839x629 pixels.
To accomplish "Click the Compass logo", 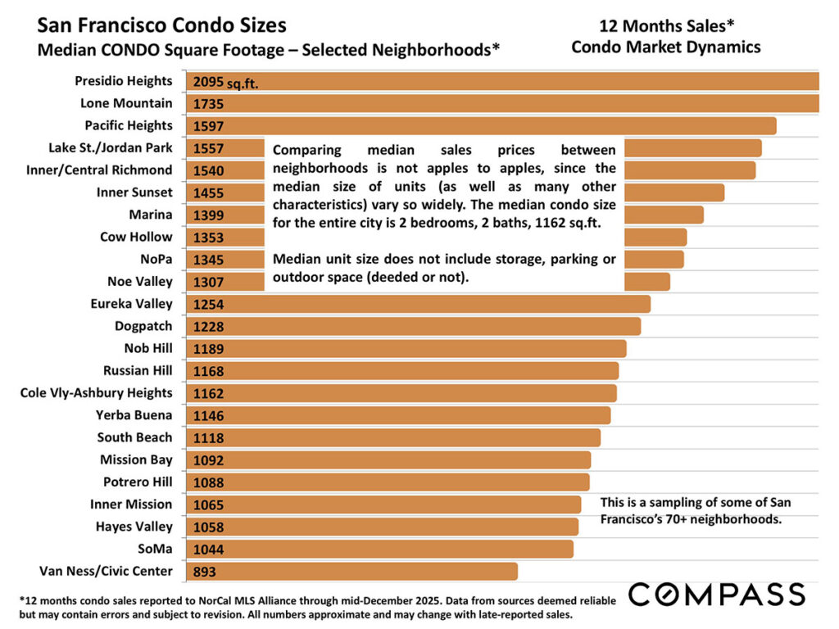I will [x=717, y=593].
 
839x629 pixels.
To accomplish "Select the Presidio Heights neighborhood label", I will [x=124, y=81].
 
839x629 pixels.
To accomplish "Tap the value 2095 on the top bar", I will [x=209, y=82].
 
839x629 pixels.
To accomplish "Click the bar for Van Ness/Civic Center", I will [x=352, y=572].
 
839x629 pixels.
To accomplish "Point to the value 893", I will [x=205, y=572].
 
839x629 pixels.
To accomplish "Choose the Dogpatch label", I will [x=143, y=326].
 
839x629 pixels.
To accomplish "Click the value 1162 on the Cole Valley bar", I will [x=209, y=394].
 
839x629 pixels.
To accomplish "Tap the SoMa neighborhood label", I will [x=156, y=549].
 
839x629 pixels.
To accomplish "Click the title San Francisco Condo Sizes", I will [x=162, y=26].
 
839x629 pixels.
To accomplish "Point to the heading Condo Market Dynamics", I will [x=665, y=47].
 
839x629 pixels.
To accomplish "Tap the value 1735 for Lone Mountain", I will [x=209, y=104].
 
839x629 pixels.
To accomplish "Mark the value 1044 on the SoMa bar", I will [x=209, y=550].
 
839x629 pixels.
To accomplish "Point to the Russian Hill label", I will [x=138, y=370].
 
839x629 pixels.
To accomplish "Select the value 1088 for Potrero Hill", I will [x=209, y=483].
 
